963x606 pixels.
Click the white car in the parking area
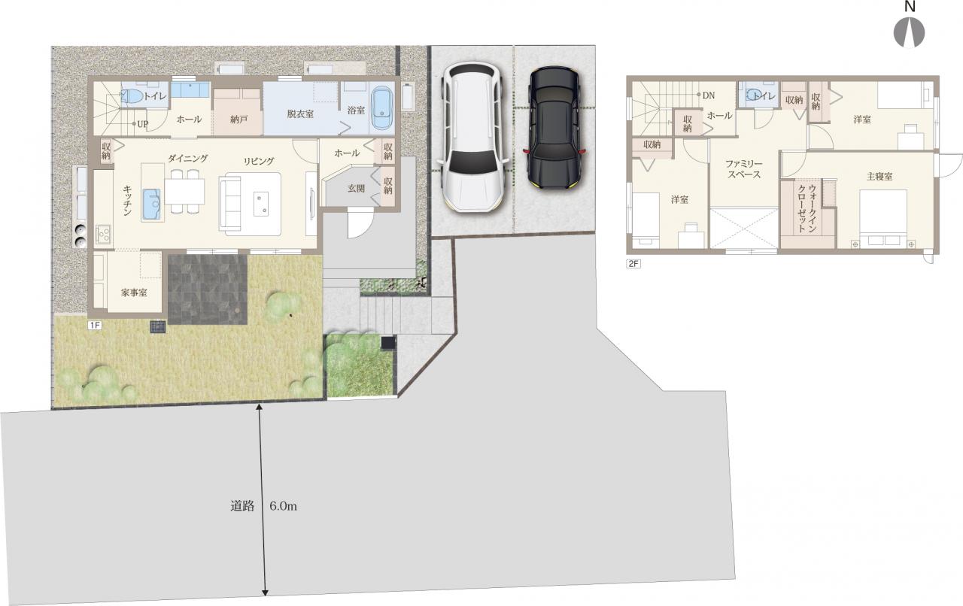(472, 137)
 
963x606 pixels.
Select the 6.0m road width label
(283, 506)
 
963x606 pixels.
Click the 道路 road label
(242, 506)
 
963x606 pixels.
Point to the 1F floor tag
(95, 326)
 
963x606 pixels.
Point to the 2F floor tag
(633, 263)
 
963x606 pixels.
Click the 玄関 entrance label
(356, 188)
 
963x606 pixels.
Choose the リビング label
(258, 161)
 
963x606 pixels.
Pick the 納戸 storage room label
(238, 119)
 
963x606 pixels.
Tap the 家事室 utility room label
(134, 292)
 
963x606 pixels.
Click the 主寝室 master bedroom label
(879, 176)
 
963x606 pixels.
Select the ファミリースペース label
(744, 169)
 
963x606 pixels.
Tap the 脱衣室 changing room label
(300, 114)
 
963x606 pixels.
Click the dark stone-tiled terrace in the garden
(207, 289)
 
